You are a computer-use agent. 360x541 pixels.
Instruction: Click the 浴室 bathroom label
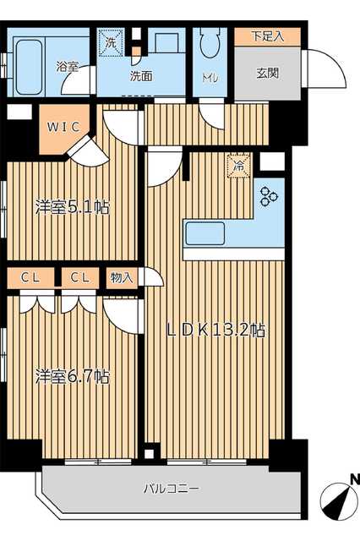tap(68, 67)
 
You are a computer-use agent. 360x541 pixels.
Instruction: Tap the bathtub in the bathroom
tap(29, 68)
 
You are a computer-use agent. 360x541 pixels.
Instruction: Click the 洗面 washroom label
tap(141, 76)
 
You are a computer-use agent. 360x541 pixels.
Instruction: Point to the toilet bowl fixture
tap(210, 42)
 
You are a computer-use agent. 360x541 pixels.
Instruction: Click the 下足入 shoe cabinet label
tap(268, 36)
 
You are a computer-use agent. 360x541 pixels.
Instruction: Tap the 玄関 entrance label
tap(268, 73)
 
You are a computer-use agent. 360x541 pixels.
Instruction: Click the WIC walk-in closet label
tap(63, 127)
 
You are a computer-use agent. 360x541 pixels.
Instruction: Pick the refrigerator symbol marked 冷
tap(238, 166)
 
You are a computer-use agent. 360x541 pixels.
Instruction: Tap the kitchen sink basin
tap(205, 233)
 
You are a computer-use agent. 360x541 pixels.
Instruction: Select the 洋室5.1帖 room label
tap(73, 208)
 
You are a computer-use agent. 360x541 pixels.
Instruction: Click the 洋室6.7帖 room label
tap(73, 376)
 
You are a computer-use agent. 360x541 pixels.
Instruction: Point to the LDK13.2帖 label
tap(216, 331)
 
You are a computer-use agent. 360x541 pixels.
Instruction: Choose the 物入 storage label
tap(122, 277)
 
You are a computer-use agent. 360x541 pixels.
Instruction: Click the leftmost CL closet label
tap(30, 277)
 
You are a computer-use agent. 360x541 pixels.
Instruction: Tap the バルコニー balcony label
tap(171, 489)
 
